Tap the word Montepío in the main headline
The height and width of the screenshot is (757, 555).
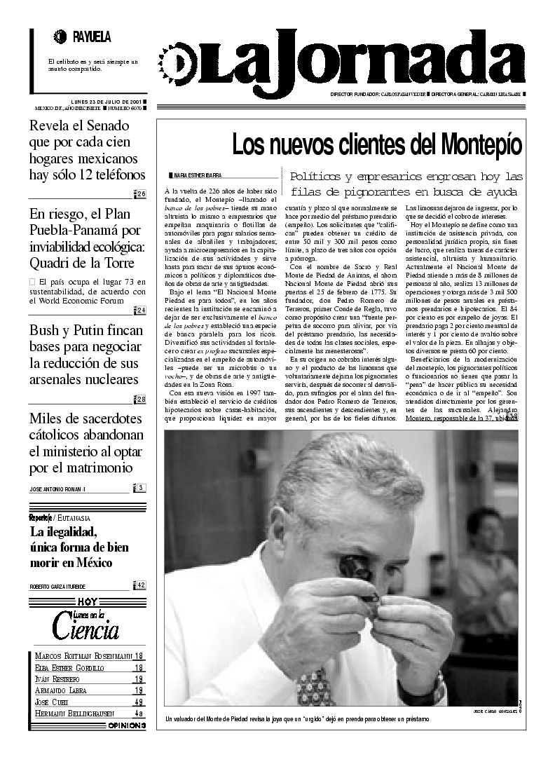[x=482, y=144]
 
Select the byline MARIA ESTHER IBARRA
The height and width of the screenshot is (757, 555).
[x=198, y=175]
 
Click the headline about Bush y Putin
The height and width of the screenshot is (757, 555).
[x=86, y=355]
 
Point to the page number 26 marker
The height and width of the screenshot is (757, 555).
[x=140, y=194]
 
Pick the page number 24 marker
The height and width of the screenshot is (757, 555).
[x=140, y=311]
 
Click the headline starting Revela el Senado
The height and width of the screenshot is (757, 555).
[x=87, y=151]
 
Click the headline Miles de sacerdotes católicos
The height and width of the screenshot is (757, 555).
[x=86, y=443]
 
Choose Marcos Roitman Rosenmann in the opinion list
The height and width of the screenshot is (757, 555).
[x=83, y=656]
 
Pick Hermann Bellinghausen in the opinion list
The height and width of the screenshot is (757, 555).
[x=74, y=713]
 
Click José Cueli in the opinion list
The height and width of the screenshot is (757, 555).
[x=49, y=702]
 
